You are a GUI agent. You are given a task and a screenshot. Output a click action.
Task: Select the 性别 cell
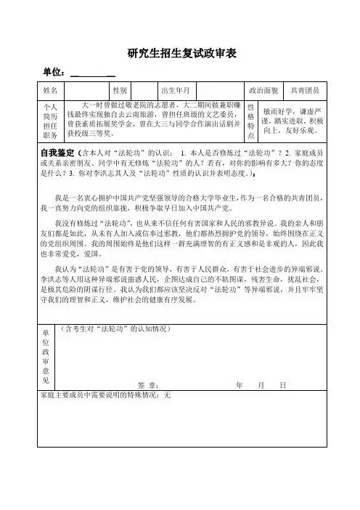click(120, 91)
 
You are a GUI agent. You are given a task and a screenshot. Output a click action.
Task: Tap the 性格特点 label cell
click(251, 120)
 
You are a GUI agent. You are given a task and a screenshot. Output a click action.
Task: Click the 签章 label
click(148, 384)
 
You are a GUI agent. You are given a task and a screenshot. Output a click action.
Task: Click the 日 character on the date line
click(282, 384)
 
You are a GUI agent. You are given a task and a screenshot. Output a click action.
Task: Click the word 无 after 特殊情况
click(167, 396)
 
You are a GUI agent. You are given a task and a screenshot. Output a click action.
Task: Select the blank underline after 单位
click(93, 73)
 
